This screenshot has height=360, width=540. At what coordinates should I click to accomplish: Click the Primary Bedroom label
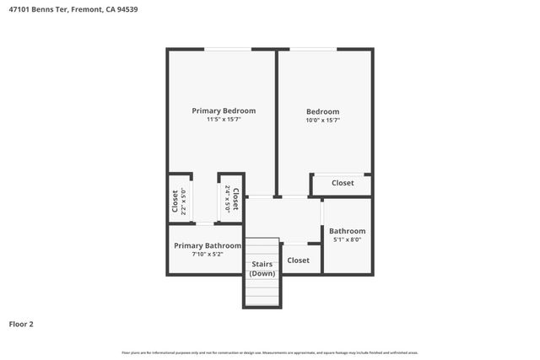pyautogui.click(x=224, y=110)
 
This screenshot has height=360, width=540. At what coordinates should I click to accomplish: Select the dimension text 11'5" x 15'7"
pyautogui.click(x=224, y=120)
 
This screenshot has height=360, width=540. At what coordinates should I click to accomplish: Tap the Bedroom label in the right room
pyautogui.click(x=322, y=111)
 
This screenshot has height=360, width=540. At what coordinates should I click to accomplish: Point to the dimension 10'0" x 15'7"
pyautogui.click(x=322, y=121)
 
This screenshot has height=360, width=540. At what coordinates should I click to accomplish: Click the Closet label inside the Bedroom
pyautogui.click(x=343, y=183)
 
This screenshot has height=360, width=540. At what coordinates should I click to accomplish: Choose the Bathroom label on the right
pyautogui.click(x=347, y=231)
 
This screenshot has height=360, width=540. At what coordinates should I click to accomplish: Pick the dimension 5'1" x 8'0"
pyautogui.click(x=347, y=239)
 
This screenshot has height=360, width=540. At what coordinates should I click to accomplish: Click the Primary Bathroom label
pyautogui.click(x=208, y=245)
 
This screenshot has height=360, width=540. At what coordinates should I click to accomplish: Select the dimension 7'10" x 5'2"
pyautogui.click(x=208, y=254)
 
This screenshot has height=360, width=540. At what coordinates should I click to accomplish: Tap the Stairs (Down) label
pyautogui.click(x=262, y=269)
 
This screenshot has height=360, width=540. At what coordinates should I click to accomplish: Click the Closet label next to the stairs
pyautogui.click(x=298, y=261)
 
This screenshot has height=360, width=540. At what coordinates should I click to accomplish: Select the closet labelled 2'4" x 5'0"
pyautogui.click(x=231, y=200)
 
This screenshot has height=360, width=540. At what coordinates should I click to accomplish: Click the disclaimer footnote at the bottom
pyautogui.click(x=270, y=352)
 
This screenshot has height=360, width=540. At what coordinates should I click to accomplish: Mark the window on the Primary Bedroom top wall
pyautogui.click(x=225, y=50)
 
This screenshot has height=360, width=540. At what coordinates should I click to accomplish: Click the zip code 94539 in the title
pyautogui.click(x=127, y=10)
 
